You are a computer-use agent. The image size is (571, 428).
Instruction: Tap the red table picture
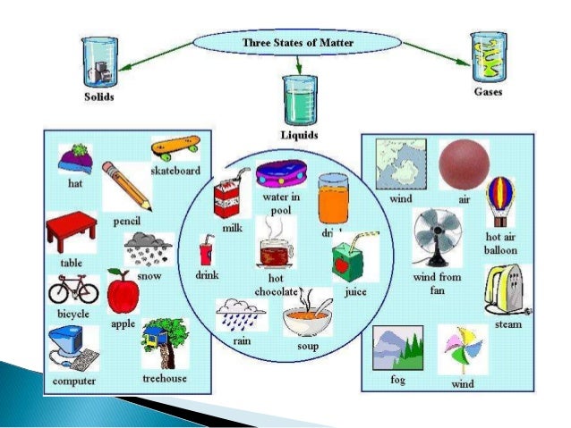coord(71,230)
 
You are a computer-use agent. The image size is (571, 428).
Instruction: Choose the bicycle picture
coord(72,290)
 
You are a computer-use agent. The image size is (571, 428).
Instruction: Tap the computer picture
coord(74,350)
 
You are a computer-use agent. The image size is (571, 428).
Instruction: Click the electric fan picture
coord(437,239)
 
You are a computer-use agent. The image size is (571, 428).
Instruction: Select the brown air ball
coord(464,164)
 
